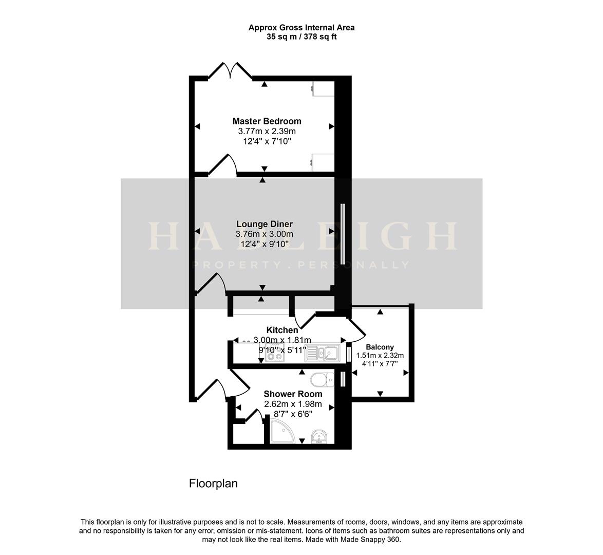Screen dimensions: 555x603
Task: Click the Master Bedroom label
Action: pyautogui.click(x=267, y=121)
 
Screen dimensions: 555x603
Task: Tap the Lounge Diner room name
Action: pyautogui.click(x=265, y=224)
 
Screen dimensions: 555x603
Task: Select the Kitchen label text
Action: pyautogui.click(x=281, y=330)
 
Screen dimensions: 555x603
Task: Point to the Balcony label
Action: pyautogui.click(x=380, y=347)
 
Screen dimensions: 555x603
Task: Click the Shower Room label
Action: pyautogui.click(x=293, y=394)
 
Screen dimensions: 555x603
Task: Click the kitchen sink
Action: pyautogui.click(x=322, y=354)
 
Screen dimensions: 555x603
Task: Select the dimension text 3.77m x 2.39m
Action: pyautogui.click(x=267, y=131)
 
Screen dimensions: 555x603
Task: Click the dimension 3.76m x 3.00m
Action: pyautogui.click(x=264, y=234)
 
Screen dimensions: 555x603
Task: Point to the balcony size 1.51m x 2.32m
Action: pyautogui.click(x=380, y=355)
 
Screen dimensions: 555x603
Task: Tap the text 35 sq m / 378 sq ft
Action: pyautogui.click(x=301, y=37)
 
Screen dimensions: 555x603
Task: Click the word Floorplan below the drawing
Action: pyautogui.click(x=213, y=484)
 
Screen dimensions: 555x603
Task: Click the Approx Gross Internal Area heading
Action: pyautogui.click(x=301, y=28)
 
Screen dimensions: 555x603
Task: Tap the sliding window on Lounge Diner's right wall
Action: pyautogui.click(x=342, y=234)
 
